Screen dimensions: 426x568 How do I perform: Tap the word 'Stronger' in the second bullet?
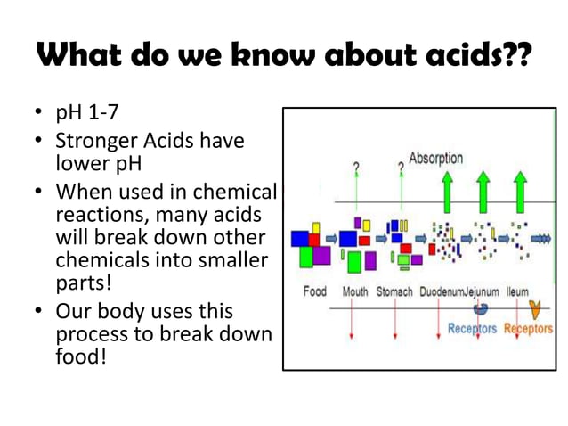95,141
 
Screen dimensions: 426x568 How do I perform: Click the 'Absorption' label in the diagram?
435,159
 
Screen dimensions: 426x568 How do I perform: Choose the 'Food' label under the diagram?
314,291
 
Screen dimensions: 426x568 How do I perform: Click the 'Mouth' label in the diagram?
355,291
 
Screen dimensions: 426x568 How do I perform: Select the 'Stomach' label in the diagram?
394,291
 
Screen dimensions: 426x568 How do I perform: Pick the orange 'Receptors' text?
528,329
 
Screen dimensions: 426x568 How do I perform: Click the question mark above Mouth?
356,167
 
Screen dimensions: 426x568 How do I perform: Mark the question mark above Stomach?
401,167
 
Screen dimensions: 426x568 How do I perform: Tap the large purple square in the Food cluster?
321,256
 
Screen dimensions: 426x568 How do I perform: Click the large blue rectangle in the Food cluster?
301,238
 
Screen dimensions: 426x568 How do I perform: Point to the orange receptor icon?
534,309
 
